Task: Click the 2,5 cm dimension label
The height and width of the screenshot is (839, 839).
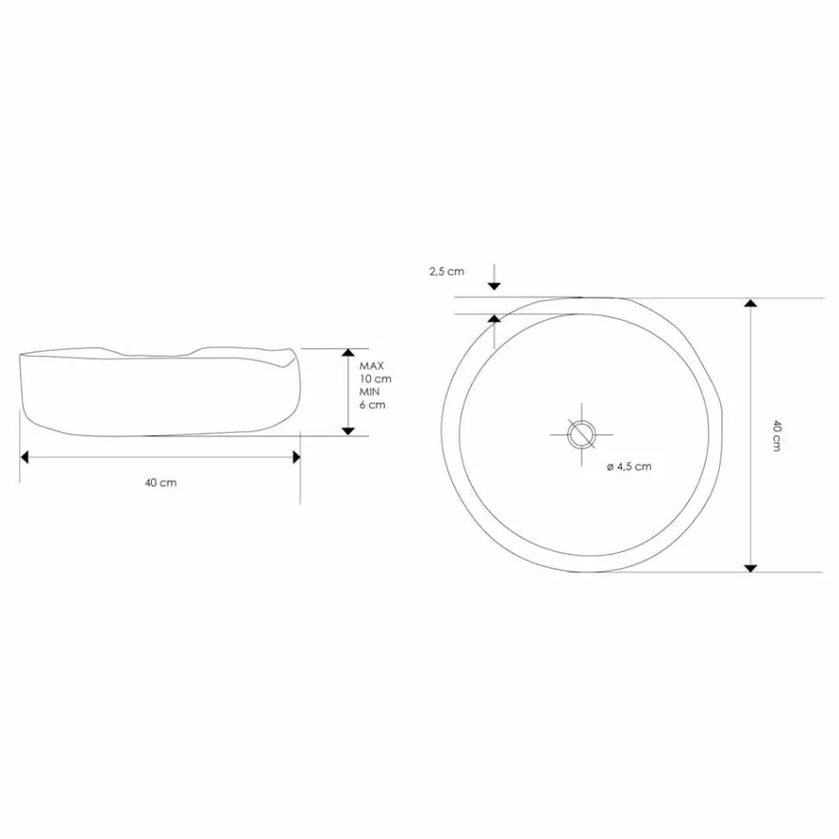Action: pyautogui.click(x=446, y=272)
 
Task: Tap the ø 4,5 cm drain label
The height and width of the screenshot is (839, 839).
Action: pyautogui.click(x=630, y=466)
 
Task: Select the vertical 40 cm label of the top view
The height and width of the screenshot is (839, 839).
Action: pyautogui.click(x=776, y=435)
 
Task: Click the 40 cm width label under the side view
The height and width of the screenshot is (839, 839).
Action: pyautogui.click(x=161, y=482)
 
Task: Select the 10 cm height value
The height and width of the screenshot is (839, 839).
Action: pyautogui.click(x=375, y=378)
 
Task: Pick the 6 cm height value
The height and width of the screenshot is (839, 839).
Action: pyautogui.click(x=373, y=405)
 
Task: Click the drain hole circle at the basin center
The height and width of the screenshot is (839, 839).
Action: pyautogui.click(x=581, y=433)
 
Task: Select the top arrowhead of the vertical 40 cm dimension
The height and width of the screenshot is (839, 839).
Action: pyautogui.click(x=751, y=305)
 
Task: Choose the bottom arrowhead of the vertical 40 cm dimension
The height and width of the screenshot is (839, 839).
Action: pyautogui.click(x=751, y=566)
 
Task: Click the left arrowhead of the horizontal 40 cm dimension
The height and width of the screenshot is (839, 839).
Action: pyautogui.click(x=26, y=457)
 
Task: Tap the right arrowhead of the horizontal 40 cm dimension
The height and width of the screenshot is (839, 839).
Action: pyautogui.click(x=295, y=457)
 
